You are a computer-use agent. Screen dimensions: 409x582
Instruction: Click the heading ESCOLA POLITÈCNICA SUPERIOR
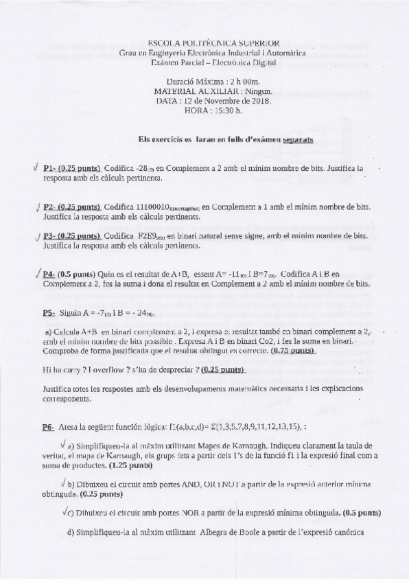[x=204, y=42]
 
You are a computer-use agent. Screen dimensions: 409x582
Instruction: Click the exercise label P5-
[x=48, y=312]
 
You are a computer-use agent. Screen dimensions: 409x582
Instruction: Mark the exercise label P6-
[x=48, y=426]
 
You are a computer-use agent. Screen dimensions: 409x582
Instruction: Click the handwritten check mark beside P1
[x=35, y=167]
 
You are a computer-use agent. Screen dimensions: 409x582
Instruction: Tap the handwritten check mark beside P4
[x=35, y=272]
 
